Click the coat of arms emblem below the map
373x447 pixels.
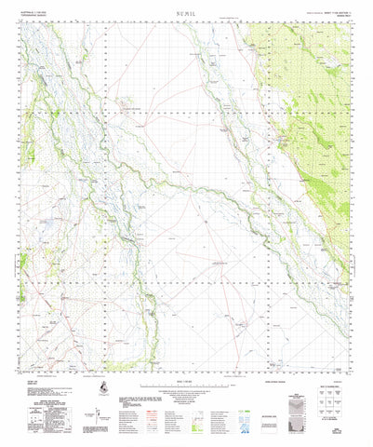click(102, 386)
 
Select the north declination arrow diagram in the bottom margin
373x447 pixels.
click(98, 411)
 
